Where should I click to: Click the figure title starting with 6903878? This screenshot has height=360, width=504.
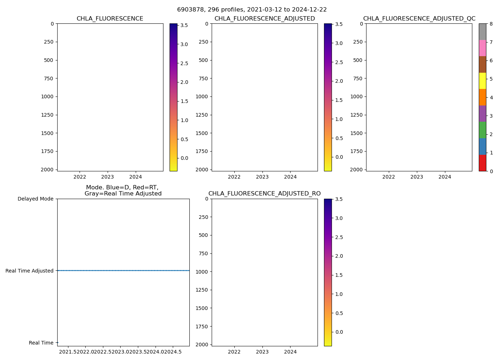(x=252, y=10)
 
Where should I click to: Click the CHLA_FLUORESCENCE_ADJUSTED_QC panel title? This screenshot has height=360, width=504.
(x=419, y=19)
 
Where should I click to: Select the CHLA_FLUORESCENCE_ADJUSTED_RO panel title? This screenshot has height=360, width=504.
(x=264, y=194)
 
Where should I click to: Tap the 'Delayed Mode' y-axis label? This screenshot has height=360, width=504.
(x=35, y=199)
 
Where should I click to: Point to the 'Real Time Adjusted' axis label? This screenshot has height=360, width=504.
(x=29, y=271)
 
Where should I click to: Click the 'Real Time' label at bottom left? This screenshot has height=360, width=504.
(x=41, y=343)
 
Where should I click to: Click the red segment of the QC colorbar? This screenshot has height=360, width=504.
(x=482, y=163)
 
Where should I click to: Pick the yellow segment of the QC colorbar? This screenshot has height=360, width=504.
(x=482, y=81)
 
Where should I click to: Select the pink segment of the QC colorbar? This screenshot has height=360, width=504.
(x=482, y=48)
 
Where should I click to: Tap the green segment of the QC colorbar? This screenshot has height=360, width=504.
(x=482, y=130)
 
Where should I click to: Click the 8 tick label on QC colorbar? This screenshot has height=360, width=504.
(x=491, y=24)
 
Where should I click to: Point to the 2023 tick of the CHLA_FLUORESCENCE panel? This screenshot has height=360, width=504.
(x=107, y=177)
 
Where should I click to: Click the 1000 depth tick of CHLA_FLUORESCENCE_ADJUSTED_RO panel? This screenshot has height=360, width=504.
(x=202, y=272)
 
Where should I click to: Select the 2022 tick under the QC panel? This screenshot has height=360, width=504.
(x=388, y=177)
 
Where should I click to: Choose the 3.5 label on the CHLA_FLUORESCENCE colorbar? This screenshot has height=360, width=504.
(x=184, y=26)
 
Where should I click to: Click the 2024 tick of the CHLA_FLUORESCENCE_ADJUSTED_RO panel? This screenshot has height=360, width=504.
(x=290, y=352)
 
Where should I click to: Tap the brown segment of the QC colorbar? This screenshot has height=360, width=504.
(x=482, y=64)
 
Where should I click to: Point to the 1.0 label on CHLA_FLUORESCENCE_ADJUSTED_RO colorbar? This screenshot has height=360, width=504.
(x=339, y=294)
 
